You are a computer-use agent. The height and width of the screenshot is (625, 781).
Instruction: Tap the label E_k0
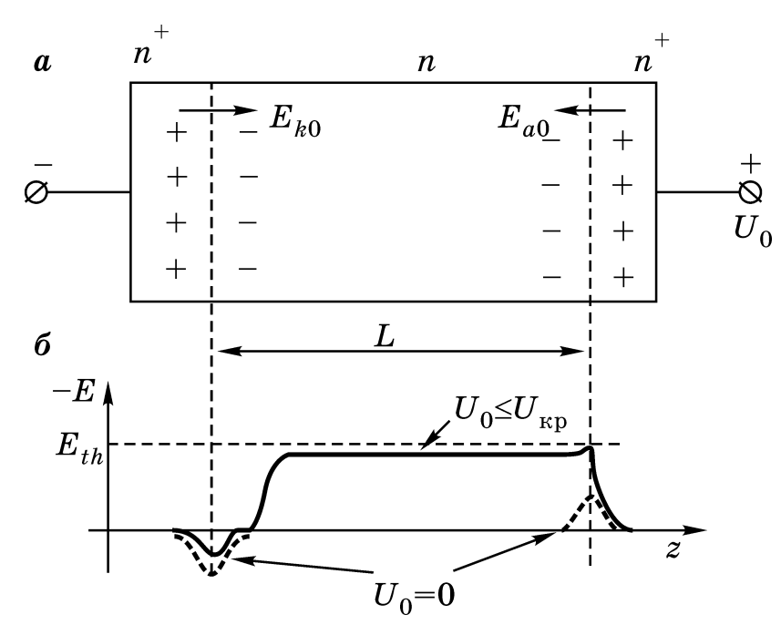294,121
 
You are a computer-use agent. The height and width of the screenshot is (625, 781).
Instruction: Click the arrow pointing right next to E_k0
220,111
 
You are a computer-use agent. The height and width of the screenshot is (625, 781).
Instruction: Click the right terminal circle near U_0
750,192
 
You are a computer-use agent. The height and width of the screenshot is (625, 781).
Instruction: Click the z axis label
673,551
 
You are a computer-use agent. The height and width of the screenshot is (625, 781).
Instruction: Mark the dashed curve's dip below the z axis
211,571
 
